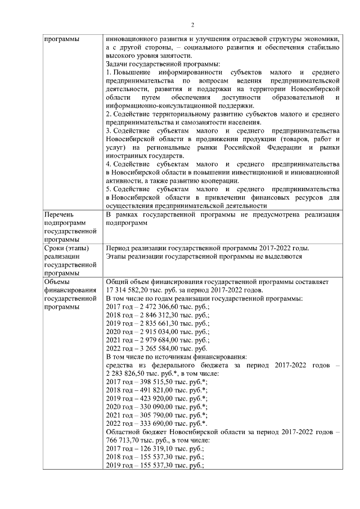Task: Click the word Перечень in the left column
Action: click(58, 214)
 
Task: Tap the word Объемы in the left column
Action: click(56, 282)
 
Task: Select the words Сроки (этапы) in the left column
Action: click(65, 248)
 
